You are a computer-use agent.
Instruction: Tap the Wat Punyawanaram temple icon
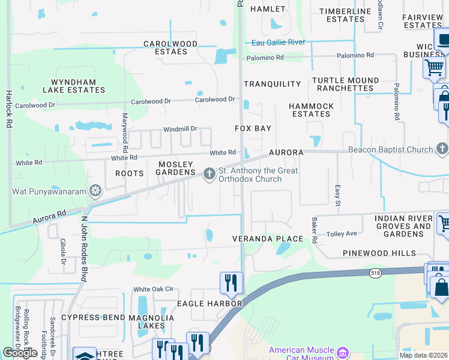(95, 192)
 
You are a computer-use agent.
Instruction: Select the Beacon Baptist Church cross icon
(442, 149)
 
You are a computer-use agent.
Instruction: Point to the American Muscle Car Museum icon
(343, 350)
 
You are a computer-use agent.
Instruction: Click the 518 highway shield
(374, 272)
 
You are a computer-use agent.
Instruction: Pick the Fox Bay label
(253, 128)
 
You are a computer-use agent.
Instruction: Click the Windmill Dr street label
(180, 129)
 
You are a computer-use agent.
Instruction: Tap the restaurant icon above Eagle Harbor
(231, 283)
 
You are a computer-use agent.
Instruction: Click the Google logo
(20, 353)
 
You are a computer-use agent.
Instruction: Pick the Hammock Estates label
(311, 110)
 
